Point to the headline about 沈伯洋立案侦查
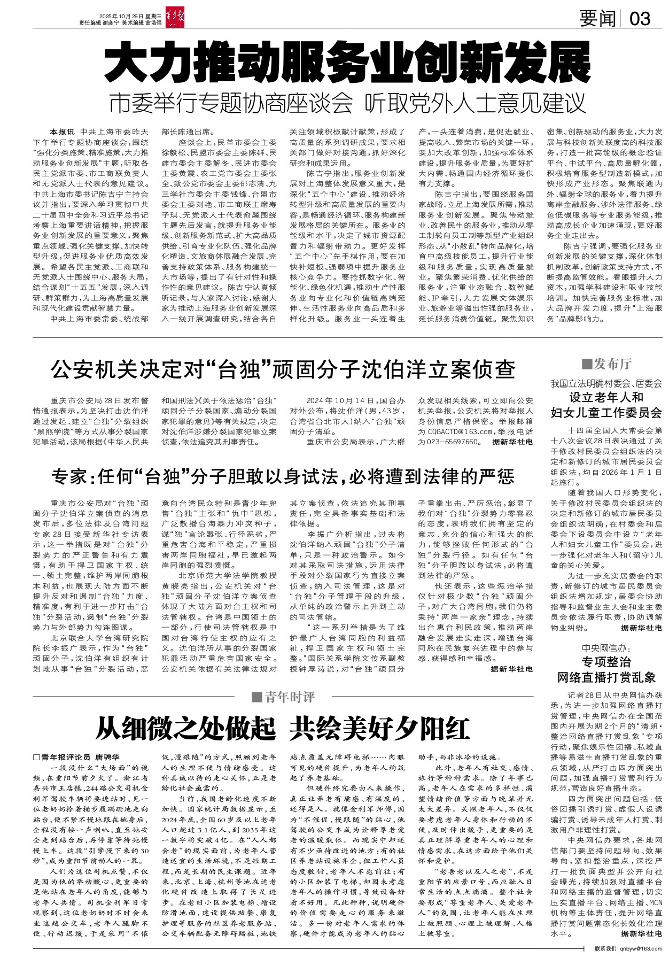[283, 369]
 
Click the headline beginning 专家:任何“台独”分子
[283, 475]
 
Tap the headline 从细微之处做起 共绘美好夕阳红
[283, 728]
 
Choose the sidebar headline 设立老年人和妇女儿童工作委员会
[606, 405]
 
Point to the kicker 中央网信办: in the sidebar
[606, 648]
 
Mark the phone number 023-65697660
[448, 442]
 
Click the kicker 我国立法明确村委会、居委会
[606, 383]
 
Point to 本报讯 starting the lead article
[62, 132]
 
